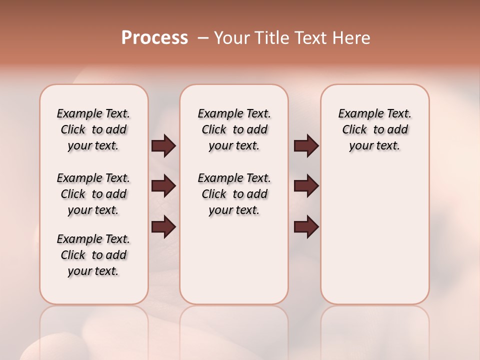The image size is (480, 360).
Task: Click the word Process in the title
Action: click(154, 38)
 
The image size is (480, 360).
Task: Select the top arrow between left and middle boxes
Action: click(163, 146)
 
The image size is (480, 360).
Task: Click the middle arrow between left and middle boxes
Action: click(163, 186)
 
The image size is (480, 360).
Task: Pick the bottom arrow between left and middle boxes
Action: click(163, 226)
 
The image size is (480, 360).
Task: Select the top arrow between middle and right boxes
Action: click(306, 146)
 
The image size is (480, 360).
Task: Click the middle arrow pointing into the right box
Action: click(306, 186)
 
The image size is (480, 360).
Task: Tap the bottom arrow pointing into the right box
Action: click(306, 226)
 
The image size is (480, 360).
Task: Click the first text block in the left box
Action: click(93, 129)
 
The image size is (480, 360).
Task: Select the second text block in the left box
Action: click(93, 194)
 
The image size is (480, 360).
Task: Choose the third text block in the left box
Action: click(93, 255)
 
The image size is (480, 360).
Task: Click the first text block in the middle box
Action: click(234, 129)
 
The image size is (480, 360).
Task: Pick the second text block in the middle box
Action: click(234, 194)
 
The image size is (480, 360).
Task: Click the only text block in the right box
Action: click(374, 129)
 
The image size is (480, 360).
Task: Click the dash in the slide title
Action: click(203, 38)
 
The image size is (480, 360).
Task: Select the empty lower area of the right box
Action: click(374, 235)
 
